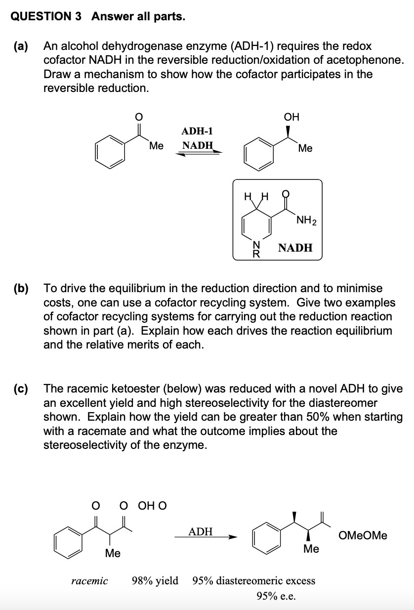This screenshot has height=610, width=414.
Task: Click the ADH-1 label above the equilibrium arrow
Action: pos(197,131)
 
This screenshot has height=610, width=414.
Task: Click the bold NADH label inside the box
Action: pos(295,248)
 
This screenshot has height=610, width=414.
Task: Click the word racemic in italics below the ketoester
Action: pos(90,580)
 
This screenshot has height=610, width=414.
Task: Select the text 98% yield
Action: pos(155,580)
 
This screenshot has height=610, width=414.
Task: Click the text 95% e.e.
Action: pos(277,596)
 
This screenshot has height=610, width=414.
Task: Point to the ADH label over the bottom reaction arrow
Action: pos(201,532)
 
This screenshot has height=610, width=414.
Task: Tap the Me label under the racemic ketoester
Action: pos(113,553)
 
